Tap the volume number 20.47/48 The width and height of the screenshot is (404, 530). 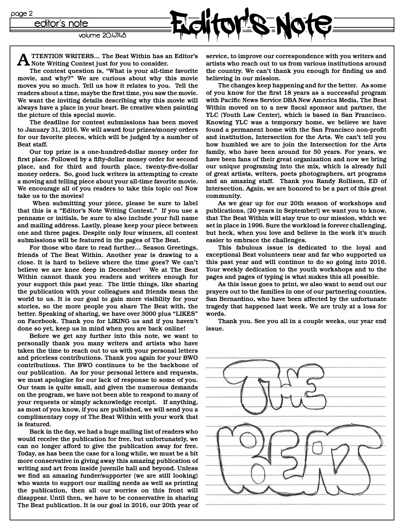[102, 35]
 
